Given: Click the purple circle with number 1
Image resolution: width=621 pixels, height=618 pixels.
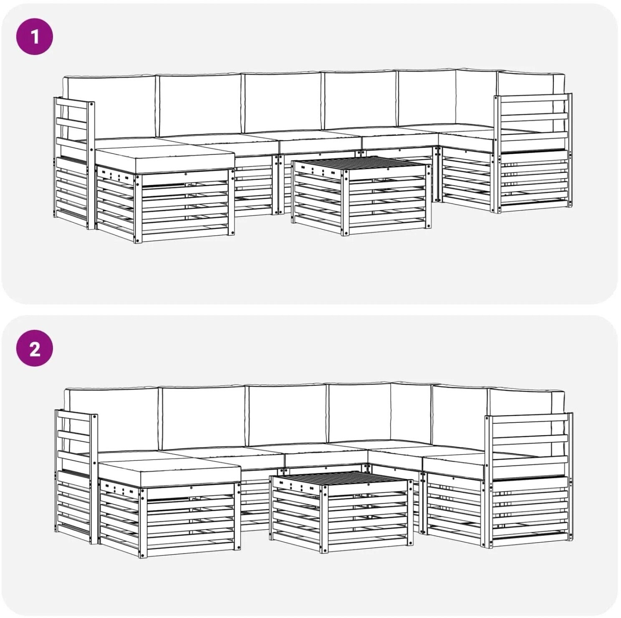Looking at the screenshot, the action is [35, 37].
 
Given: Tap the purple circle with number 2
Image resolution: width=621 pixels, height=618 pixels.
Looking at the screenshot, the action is [35, 348].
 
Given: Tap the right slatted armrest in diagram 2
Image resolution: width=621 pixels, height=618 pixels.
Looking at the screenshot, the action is [528, 480].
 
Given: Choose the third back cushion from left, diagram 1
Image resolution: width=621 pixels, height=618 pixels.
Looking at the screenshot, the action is [282, 102].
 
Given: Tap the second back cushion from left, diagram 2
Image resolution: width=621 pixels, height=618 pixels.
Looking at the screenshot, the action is [204, 417].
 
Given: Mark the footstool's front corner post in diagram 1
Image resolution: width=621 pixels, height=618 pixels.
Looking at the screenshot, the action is [138, 209].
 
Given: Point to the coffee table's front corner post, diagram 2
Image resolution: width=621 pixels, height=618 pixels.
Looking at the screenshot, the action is [324, 520].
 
